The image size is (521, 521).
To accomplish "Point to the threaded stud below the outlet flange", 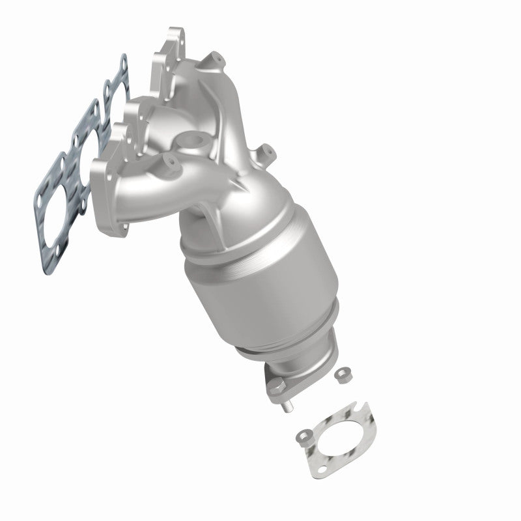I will point(287,408).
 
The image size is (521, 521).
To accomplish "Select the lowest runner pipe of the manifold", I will point(143,195).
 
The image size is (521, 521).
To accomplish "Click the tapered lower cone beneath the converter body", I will point(306,348).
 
